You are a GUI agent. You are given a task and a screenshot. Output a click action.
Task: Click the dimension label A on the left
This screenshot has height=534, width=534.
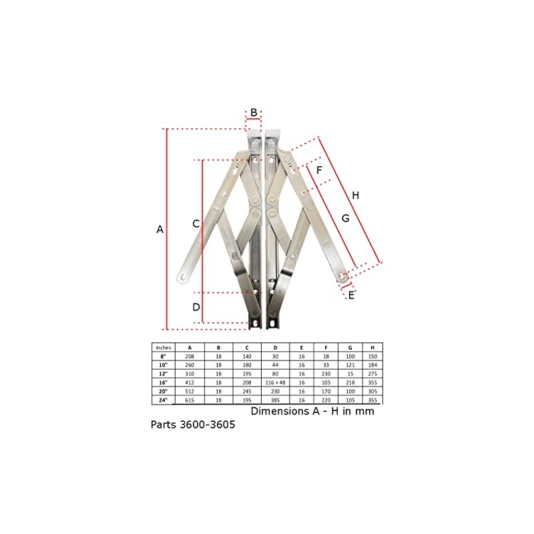coord(160,230)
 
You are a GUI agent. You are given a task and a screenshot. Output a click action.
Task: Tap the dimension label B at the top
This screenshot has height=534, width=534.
coord(254,112)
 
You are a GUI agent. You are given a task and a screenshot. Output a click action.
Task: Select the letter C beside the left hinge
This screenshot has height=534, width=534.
coord(196,224)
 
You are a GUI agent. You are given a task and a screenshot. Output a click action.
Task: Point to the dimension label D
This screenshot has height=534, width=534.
coord(196,308)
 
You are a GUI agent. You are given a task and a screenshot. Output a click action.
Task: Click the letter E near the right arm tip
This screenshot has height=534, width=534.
coord(351,295)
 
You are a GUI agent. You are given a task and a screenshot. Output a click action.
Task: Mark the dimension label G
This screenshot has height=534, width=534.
coord(344,218)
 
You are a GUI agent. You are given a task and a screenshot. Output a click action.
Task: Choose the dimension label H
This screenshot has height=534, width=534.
coord(356,196)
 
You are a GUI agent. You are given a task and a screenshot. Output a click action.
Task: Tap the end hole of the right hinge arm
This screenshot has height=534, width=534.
coord(344,276)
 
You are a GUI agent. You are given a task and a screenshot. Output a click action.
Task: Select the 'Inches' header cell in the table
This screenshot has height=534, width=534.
coord(164,348)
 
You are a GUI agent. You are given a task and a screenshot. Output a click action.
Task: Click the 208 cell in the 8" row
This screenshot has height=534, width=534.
coord(190,357)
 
